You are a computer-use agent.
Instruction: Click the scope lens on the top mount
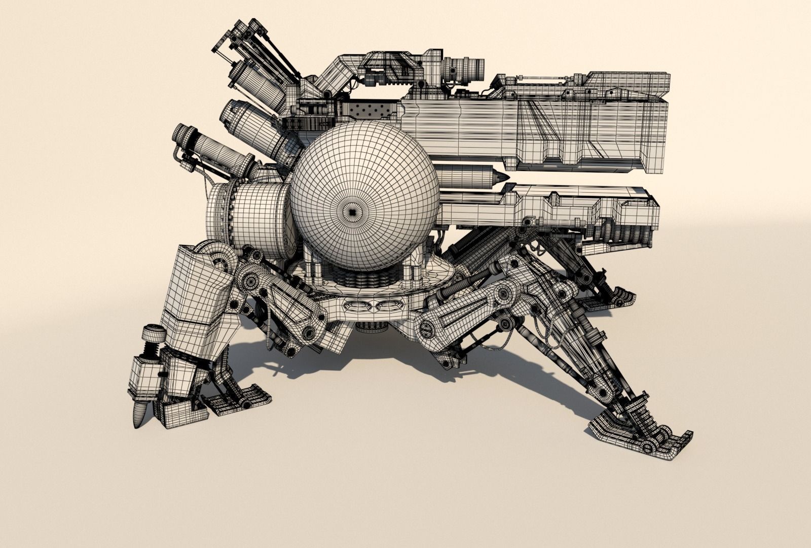click(x=479, y=69)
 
